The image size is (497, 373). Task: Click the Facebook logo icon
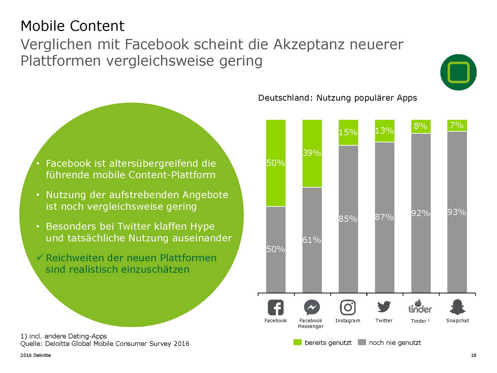[x=276, y=307]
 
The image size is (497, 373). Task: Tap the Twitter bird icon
[x=384, y=307]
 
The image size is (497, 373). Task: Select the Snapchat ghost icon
[x=457, y=307]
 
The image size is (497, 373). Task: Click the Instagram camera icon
[x=348, y=307]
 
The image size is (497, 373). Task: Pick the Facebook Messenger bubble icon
[x=312, y=307]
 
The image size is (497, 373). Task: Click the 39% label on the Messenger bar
[x=312, y=153]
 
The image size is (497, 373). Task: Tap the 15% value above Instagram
[x=348, y=132]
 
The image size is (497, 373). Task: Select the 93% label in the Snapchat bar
[x=457, y=212]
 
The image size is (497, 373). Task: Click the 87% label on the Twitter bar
[x=384, y=217]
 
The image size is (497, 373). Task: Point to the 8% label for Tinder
[x=420, y=126]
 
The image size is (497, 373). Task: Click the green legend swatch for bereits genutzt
[x=298, y=342]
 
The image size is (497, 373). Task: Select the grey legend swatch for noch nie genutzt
[x=362, y=342]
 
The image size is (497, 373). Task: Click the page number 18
[x=473, y=355]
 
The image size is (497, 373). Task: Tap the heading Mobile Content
[x=72, y=26]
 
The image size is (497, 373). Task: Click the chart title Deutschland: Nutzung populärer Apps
[x=337, y=98]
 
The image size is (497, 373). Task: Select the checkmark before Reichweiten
[x=39, y=257]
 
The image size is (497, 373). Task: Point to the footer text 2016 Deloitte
[x=35, y=355]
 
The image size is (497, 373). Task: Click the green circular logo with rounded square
[x=458, y=72]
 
